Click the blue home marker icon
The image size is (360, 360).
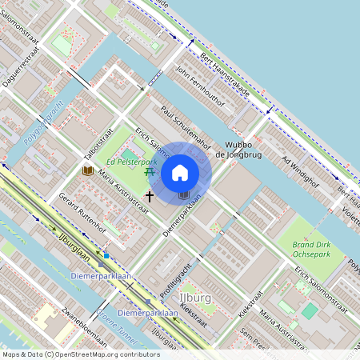tap(180, 172)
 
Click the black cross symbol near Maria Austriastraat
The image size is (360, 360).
tap(149, 195)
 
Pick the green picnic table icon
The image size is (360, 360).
tap(149, 170)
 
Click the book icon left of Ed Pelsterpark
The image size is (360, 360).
tap(87, 170)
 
